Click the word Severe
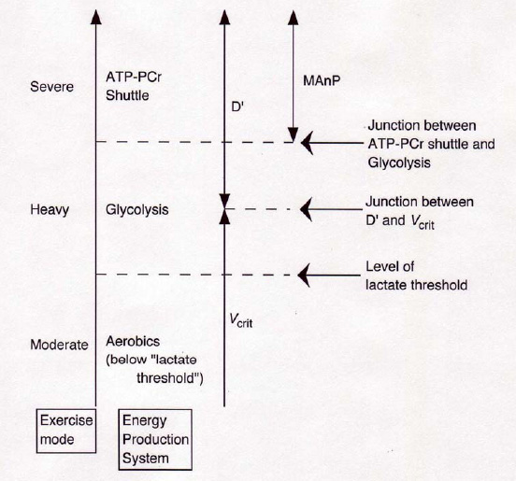point(51,87)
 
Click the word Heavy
point(50,210)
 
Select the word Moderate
point(59,345)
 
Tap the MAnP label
point(322,80)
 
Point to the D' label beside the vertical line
point(237,107)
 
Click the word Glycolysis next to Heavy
point(136,210)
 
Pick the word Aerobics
point(133,341)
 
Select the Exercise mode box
point(66,431)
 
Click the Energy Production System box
point(155,439)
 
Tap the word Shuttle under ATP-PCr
point(127,95)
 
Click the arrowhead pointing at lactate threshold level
point(304,276)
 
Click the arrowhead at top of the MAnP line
point(293,18)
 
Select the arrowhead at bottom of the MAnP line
point(293,134)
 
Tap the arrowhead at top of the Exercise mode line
point(95,17)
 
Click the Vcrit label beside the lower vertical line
point(241,320)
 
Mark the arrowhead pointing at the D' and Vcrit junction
point(306,209)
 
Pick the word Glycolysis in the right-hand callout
point(399,163)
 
